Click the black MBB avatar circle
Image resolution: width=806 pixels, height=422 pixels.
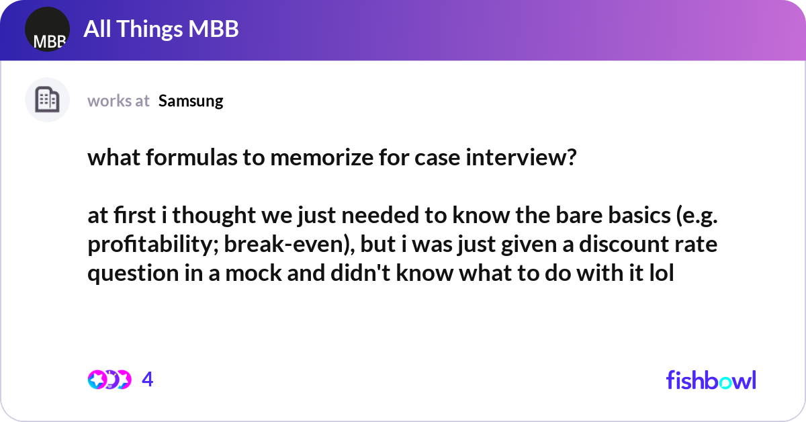click(x=47, y=29)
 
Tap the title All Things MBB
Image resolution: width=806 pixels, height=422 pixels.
click(x=161, y=29)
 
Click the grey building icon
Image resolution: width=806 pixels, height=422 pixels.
click(x=47, y=99)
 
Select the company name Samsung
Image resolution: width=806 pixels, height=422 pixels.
click(x=191, y=101)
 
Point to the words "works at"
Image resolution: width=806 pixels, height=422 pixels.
click(x=118, y=101)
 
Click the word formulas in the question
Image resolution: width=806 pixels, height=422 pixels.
click(x=191, y=157)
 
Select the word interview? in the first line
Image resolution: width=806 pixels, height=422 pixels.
click(x=521, y=158)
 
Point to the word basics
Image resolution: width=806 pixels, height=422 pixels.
click(x=639, y=215)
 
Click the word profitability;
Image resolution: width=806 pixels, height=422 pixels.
click(x=153, y=245)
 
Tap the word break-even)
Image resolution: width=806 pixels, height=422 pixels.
click(x=289, y=245)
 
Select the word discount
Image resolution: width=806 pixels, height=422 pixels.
click(x=624, y=244)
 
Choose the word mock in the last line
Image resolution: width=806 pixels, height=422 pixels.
click(x=253, y=273)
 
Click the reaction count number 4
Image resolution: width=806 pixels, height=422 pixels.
click(x=148, y=380)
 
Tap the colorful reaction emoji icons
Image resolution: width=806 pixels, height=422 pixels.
click(x=109, y=380)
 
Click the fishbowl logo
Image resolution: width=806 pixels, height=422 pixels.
click(x=711, y=380)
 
